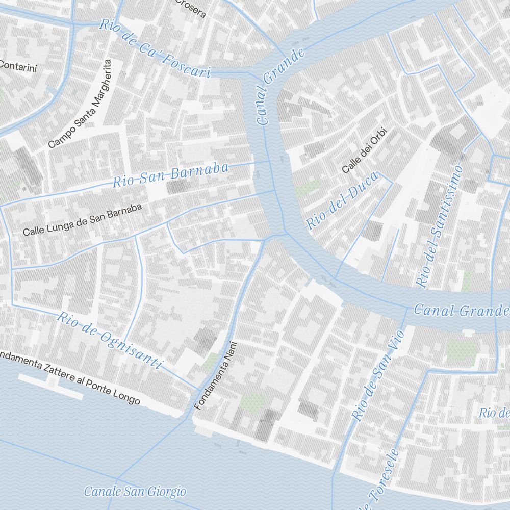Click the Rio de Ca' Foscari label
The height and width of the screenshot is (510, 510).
155,48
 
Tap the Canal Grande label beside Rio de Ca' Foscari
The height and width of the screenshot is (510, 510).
280,86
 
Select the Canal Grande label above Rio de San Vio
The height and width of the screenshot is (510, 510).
461,310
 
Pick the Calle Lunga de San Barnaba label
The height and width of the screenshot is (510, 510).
82,220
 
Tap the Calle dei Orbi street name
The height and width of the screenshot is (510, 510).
364,150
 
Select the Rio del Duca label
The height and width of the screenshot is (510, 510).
342,200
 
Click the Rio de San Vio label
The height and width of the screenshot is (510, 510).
378,375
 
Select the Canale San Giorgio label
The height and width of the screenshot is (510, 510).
135,492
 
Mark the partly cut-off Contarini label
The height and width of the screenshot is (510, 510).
18,66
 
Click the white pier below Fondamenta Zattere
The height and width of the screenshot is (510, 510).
51,386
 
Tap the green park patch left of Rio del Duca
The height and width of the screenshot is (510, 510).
309,188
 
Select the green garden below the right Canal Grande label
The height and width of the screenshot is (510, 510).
461,350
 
